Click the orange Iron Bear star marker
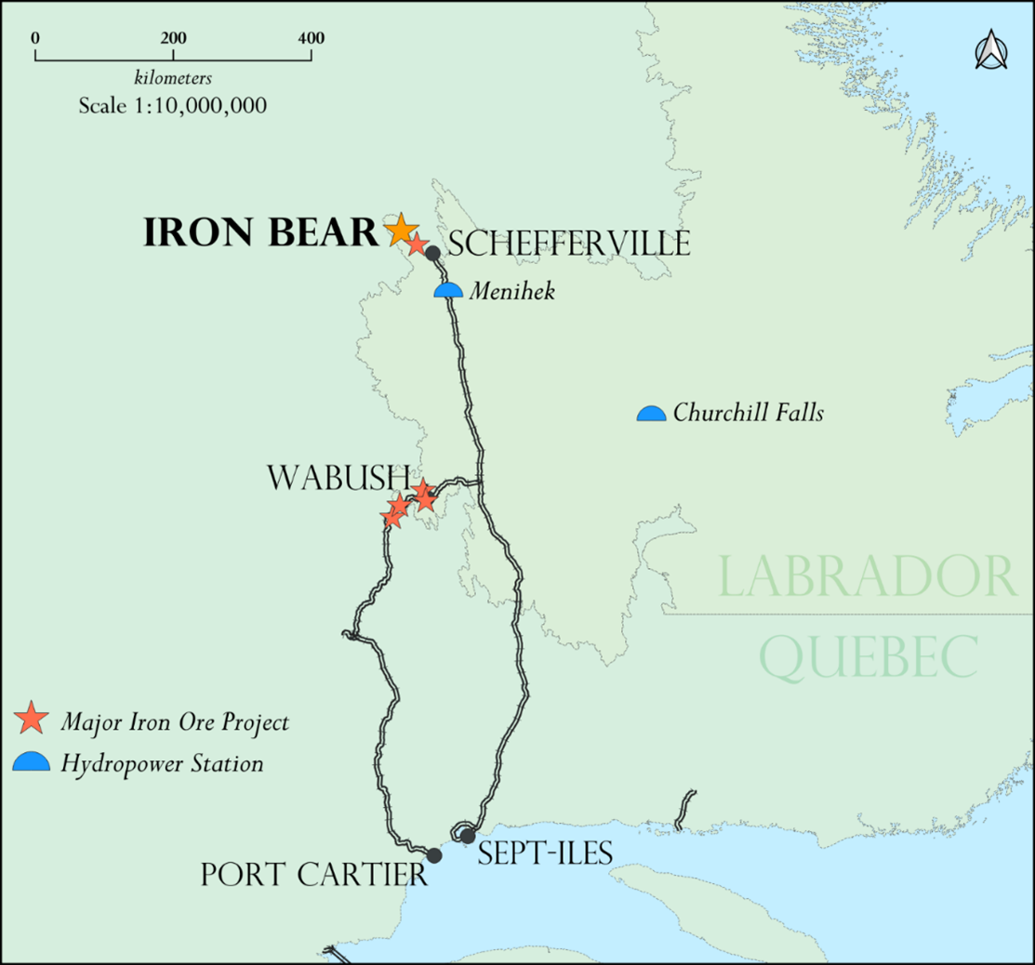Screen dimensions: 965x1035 click(401, 229)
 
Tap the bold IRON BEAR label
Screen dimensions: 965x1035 click(260, 233)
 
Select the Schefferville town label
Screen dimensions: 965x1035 click(569, 245)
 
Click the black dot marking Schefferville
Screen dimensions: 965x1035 click(432, 253)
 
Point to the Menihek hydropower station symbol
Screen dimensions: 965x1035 click(448, 291)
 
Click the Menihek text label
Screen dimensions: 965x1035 click(511, 292)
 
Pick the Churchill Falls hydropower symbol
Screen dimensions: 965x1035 click(651, 414)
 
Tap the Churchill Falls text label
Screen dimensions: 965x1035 click(749, 413)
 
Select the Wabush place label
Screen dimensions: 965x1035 click(338, 478)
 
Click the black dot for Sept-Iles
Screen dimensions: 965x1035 click(468, 836)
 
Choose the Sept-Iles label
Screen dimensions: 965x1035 click(545, 853)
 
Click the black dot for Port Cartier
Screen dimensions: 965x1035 click(433, 855)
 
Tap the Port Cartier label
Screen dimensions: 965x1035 click(314, 875)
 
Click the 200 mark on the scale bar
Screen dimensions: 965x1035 click(173, 39)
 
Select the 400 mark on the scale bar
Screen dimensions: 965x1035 click(311, 39)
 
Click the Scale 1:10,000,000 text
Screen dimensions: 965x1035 click(173, 105)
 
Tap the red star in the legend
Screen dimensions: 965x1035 click(33, 719)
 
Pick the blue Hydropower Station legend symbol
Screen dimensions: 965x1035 click(33, 762)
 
